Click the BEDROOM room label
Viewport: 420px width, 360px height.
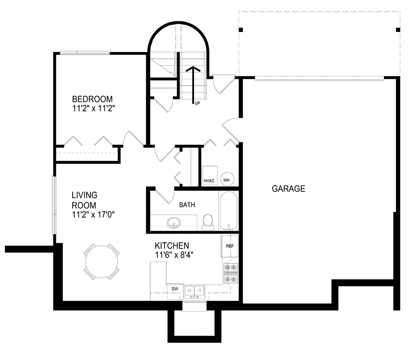tap(92, 99)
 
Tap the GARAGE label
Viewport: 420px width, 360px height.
tap(289, 189)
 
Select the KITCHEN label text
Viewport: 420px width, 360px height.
tap(172, 246)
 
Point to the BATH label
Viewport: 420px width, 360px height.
tap(187, 205)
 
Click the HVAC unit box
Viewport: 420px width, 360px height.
tap(210, 176)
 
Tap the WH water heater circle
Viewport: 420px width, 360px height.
tap(227, 179)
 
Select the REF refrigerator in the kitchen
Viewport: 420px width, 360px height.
tap(229, 246)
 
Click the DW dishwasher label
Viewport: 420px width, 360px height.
tap(175, 289)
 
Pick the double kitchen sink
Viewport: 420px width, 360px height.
tap(195, 291)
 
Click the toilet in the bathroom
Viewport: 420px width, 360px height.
tap(208, 222)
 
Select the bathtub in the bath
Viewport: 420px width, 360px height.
tap(229, 211)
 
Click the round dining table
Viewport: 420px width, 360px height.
tap(102, 262)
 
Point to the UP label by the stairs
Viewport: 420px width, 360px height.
tap(197, 103)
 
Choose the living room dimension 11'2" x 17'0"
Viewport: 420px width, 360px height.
tap(93, 215)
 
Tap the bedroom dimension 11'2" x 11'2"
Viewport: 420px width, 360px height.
tap(94, 108)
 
